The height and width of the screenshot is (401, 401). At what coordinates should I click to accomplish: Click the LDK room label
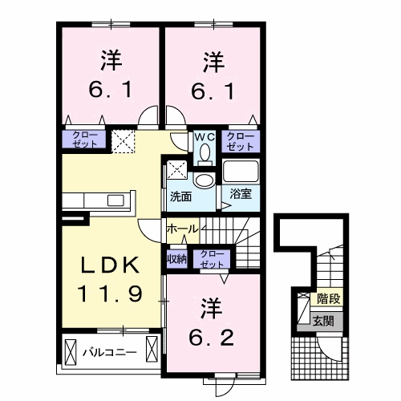pos(110,265)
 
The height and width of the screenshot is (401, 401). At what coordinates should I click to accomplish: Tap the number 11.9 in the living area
pos(110,293)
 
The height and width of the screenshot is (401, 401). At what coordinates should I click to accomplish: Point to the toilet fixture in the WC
pos(204,152)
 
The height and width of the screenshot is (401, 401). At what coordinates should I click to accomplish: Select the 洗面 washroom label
pos(180,195)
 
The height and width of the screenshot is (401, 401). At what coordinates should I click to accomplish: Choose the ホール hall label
pos(182,229)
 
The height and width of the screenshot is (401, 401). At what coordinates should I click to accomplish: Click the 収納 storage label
pos(176,258)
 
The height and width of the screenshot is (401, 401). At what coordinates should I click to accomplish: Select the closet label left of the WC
pos(83,140)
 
